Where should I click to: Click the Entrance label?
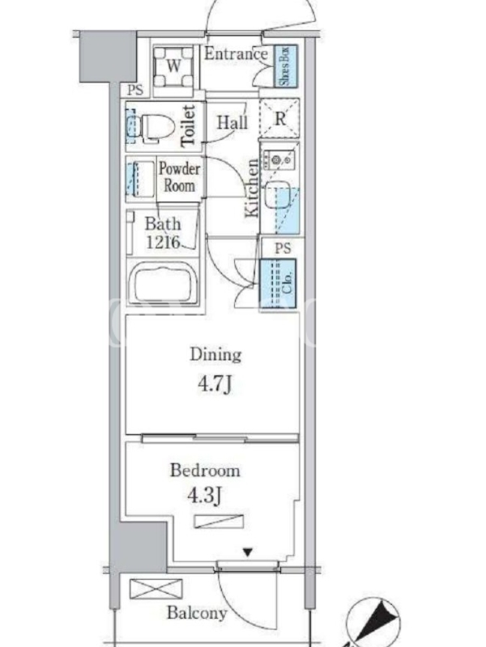coord(236,54)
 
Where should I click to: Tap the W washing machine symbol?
coord(173,66)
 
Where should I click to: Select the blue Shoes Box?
coord(285,66)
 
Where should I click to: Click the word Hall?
coord(232,122)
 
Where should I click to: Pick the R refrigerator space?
coord(279,118)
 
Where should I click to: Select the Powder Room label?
coord(179,177)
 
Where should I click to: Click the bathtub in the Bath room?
coord(163,284)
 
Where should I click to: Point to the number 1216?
coord(163,242)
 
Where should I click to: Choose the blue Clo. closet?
coord(278,283)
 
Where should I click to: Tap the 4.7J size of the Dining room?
coord(215,385)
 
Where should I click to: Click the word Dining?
coord(215,355)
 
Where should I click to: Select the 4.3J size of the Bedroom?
coord(205,495)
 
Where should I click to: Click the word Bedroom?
coord(205,471)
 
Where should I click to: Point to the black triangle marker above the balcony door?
coord(248,552)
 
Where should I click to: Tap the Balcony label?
coord(197,613)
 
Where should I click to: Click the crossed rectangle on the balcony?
coord(156,589)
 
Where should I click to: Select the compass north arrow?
coord(379,621)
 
